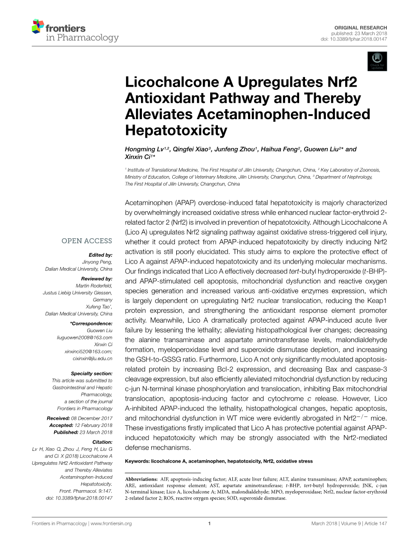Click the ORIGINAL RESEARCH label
pyautogui.click(x=361, y=28)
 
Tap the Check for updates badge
pyautogui.click(x=378, y=61)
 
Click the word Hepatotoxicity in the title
pyautogui.click(x=176, y=130)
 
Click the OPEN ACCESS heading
pyautogui.click(x=87, y=241)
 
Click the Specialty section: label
pyautogui.click(x=91, y=374)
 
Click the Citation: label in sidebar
pyautogui.click(x=102, y=442)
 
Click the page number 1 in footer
pyautogui.click(x=209, y=524)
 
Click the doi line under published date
pyautogui.click(x=354, y=39)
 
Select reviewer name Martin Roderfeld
pyautogui.click(x=94, y=286)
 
